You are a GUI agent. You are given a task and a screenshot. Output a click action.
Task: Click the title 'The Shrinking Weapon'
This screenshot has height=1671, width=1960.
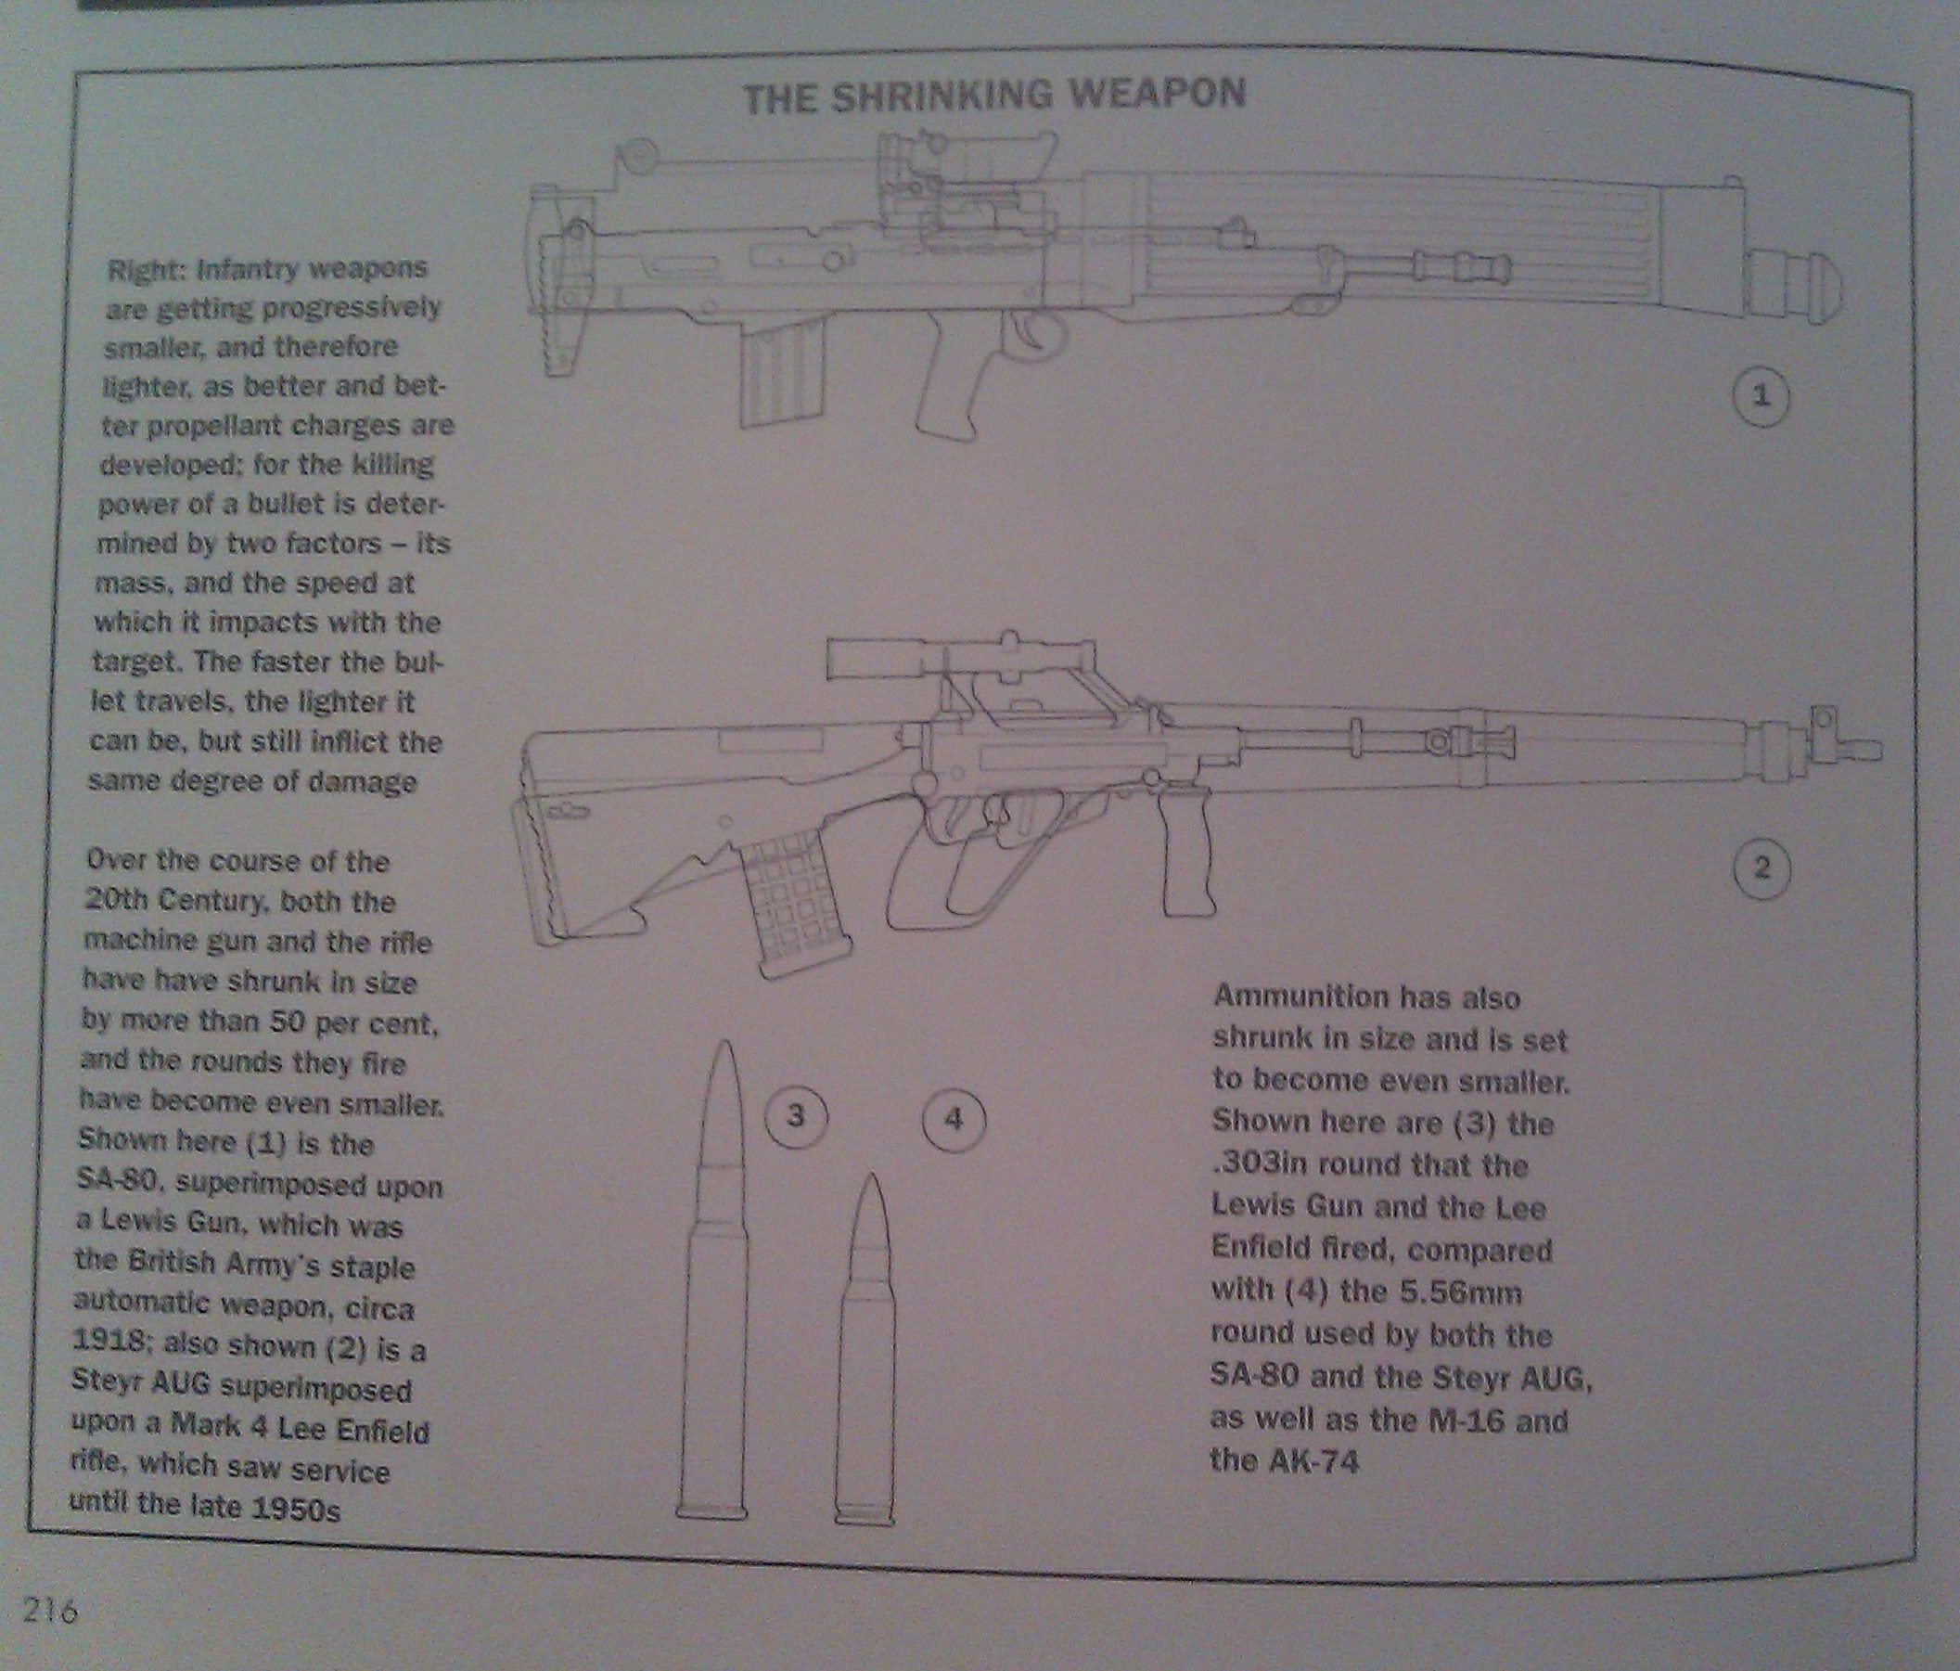993,96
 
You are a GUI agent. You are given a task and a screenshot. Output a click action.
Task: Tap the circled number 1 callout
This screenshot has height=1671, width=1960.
1761,398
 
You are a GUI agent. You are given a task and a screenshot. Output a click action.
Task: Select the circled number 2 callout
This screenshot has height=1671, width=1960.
1761,868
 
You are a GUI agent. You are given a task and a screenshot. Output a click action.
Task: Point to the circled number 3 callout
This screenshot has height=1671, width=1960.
797,1117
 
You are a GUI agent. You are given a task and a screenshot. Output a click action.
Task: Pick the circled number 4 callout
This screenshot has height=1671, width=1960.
954,1120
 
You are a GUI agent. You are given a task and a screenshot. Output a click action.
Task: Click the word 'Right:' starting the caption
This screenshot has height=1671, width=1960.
149,271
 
